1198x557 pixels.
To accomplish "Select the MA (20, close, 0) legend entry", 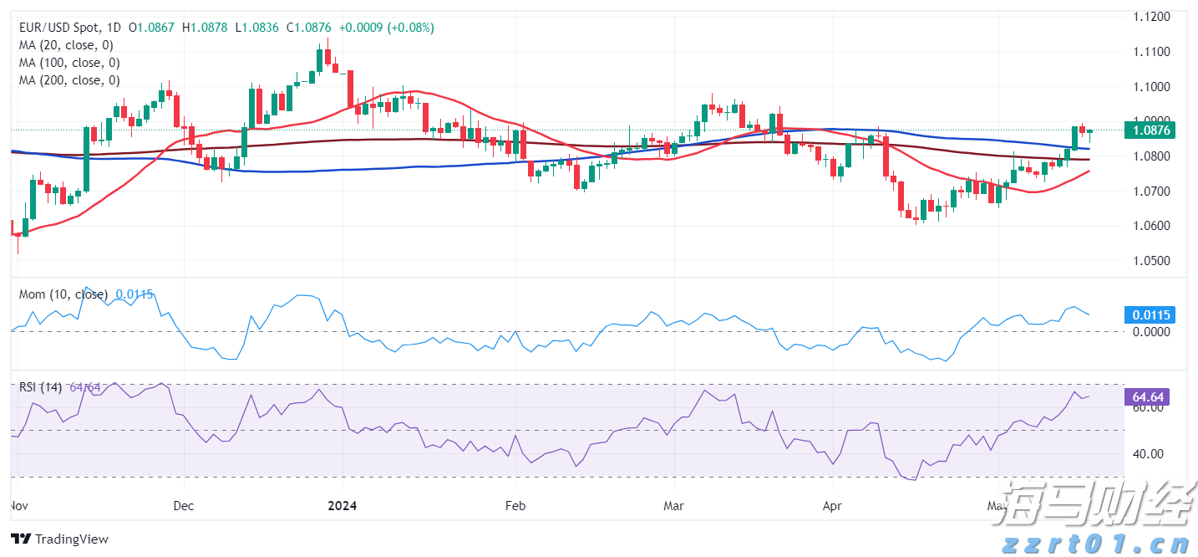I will (66, 45).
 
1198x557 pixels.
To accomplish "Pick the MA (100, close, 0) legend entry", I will (69, 63).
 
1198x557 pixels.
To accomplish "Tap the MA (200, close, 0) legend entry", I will (69, 80).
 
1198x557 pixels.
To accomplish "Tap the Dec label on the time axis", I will (184, 506).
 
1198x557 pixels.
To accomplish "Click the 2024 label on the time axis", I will (343, 506).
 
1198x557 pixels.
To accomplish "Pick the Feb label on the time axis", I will (515, 506).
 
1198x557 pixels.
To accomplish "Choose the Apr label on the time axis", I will (832, 506).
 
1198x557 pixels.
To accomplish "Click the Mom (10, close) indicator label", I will (63, 294).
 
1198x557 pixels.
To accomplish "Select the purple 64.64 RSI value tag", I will (1150, 397).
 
